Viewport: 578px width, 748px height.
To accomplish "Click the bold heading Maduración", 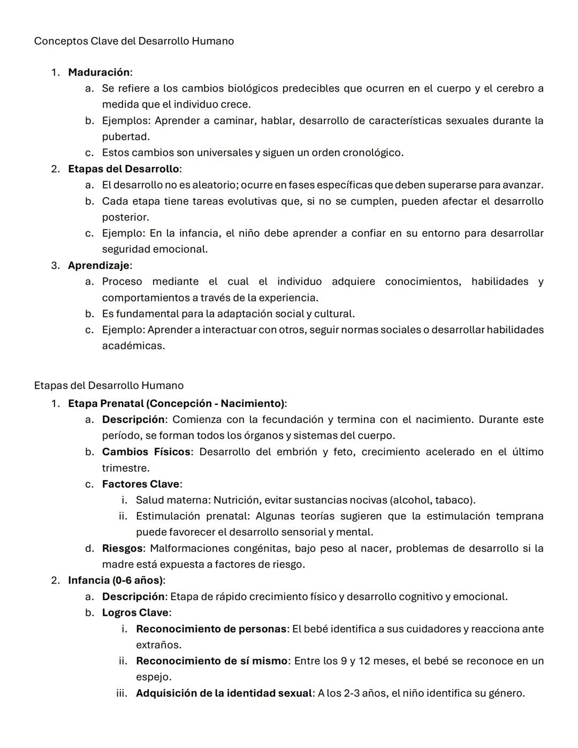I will point(98,72).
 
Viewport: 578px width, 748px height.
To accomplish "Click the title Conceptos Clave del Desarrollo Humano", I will point(134,41).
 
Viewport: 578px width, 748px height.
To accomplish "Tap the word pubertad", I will point(125,137).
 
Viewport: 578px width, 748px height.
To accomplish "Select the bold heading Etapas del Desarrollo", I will point(123,169).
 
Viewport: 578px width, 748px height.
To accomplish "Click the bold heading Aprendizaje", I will point(98,266).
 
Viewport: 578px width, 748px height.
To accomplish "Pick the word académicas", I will point(133,346).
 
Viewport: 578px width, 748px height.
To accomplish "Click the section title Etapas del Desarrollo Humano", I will point(109,386).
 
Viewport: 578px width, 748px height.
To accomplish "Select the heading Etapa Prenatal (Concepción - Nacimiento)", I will point(176,403).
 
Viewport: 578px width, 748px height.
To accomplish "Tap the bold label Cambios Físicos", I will point(146,452).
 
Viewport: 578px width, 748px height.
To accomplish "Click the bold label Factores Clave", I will point(141,484).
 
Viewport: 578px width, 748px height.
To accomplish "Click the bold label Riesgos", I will point(122,548).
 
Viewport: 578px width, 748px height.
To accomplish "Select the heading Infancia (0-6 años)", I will point(115,580).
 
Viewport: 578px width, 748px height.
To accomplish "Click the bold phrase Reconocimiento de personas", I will point(211,629).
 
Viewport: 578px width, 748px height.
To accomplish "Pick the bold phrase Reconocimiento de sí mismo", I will point(211,661).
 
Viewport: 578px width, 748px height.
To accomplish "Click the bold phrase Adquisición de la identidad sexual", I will point(224,693).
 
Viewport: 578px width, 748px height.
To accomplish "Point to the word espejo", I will point(153,677).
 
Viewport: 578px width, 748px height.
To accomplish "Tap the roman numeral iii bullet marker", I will point(121,693).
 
